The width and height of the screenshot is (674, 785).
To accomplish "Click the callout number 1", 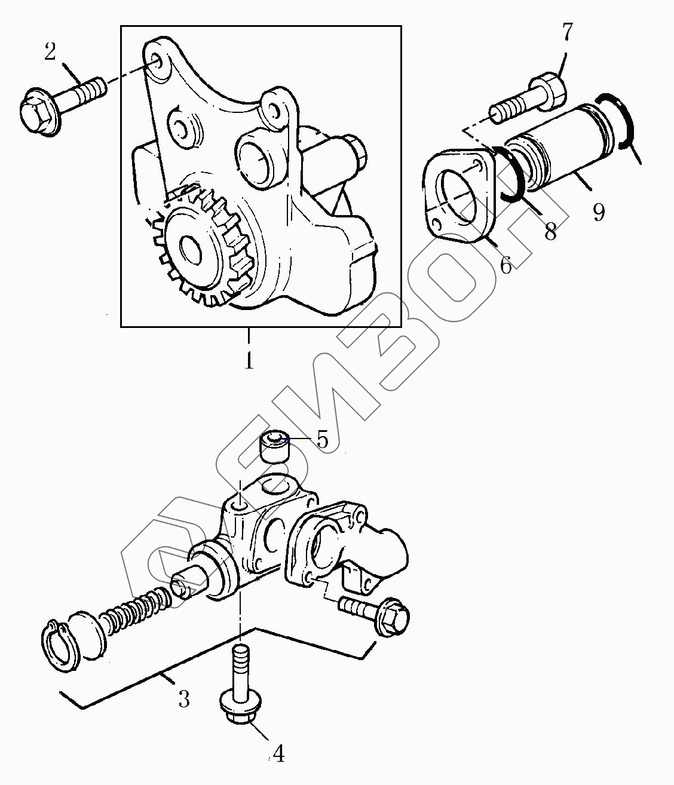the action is coord(249,360).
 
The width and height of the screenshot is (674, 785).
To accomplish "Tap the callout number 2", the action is coord(50,51).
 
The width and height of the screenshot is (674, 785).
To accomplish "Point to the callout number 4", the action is coord(278,753).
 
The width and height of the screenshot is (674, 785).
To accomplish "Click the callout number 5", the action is coord(322,440).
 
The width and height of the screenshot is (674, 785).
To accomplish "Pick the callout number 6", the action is coord(505,265).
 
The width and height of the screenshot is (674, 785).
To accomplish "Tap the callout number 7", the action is coord(567,32).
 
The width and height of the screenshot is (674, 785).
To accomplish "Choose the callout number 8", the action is coord(550,231).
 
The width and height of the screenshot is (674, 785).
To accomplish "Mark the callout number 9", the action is coord(599,213).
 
